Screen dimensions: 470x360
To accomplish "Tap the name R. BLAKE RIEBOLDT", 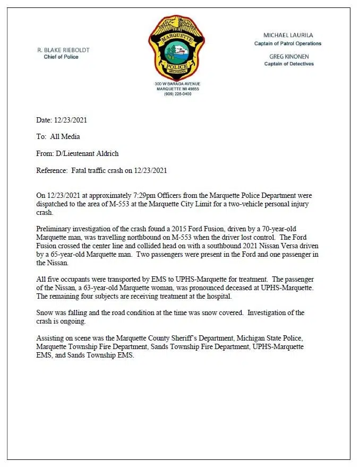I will pos(63,50).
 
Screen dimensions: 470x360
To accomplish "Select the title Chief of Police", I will pos(61,57).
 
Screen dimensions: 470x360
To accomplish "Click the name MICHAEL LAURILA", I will pos(288,35).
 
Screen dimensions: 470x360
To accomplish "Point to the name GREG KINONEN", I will pos(289,56).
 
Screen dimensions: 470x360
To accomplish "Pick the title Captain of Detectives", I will pos(289,64).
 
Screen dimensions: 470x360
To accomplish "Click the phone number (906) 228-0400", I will pos(177,94).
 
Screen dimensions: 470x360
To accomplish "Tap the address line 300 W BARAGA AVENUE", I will pos(177,84).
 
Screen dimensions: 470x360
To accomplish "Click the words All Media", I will pos(65,137).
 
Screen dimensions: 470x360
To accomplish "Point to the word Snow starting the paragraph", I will pos(45,312).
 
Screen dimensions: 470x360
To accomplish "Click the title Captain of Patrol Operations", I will pos(288,43).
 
